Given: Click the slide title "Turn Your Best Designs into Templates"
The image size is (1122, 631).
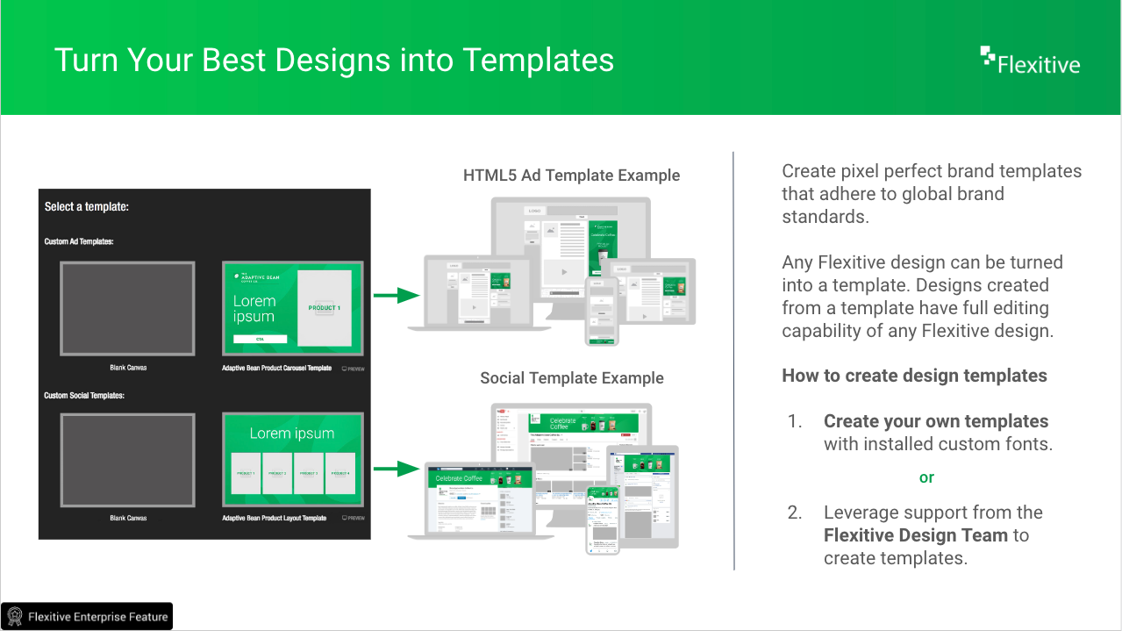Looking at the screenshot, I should point(333,60).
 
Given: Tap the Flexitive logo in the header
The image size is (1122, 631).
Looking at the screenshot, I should point(1030,61).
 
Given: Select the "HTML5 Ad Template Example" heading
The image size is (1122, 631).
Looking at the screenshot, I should point(571,176).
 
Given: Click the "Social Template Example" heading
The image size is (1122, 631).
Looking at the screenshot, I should point(571,378).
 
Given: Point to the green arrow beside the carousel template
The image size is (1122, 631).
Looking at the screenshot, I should point(397,296).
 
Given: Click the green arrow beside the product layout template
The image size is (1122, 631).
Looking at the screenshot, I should point(397,469).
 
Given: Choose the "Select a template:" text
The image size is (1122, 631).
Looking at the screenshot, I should point(87,207).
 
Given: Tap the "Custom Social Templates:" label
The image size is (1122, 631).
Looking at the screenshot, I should point(84,396).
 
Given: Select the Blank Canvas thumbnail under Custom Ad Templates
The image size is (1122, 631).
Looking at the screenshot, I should point(127,309).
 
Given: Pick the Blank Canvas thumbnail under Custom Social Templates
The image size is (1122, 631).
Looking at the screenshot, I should point(127,460).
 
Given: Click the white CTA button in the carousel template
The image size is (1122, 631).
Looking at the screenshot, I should point(260,339).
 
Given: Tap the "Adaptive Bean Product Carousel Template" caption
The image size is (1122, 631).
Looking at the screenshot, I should point(276,369).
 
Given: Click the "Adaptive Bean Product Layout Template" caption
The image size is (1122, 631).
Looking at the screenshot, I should point(274,519).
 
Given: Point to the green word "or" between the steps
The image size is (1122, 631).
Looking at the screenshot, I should point(926,478).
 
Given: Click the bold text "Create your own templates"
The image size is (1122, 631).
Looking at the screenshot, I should point(935,421).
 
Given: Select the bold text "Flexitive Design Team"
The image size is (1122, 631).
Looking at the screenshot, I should point(916,535).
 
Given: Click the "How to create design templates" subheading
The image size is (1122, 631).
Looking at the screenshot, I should point(914,376).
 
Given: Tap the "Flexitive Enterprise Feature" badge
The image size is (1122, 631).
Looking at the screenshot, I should point(87,616).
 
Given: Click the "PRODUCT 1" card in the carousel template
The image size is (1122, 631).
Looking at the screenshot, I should point(324,308).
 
